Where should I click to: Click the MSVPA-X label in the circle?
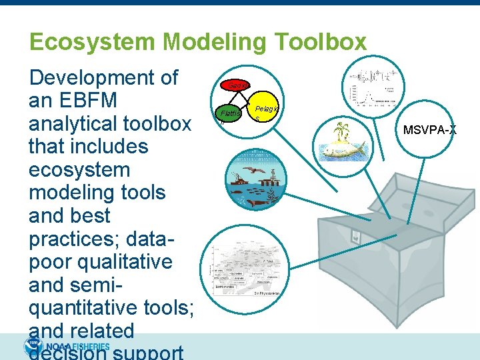click(430, 129)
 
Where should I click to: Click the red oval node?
click(237, 84)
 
